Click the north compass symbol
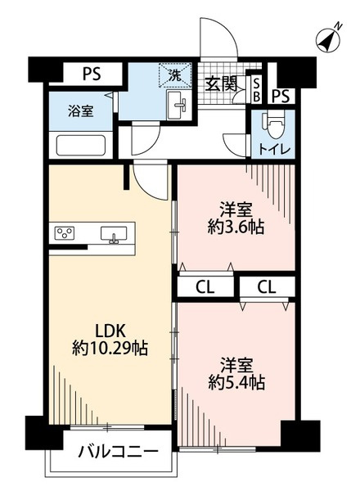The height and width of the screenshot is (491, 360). (331, 38)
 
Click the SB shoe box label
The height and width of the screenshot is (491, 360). (255, 90)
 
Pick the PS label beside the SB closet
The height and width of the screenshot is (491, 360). (281, 97)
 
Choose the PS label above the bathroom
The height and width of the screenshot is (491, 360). (91, 74)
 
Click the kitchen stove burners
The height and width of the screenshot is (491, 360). (65, 234)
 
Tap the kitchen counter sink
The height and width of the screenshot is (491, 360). (115, 236)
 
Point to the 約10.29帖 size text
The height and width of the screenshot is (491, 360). (109, 349)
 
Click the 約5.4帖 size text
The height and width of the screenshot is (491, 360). (234, 381)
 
